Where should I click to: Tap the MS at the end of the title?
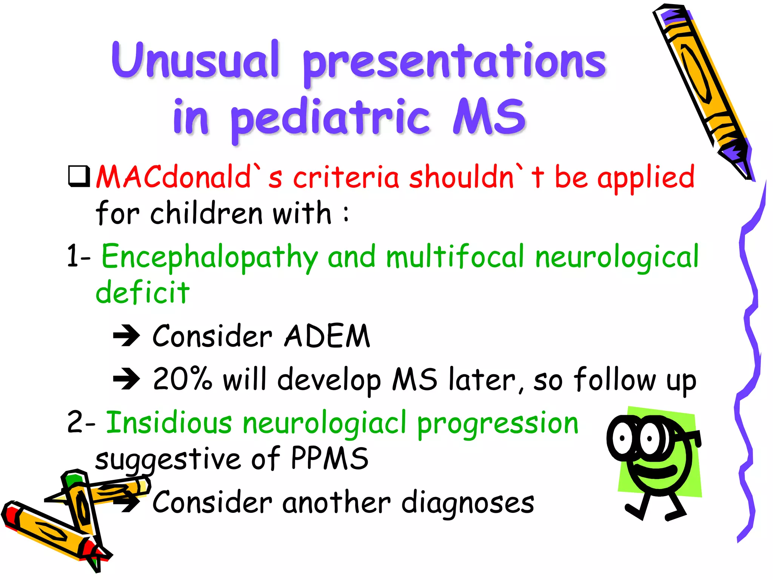489,116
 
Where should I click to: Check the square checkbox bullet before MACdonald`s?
79,176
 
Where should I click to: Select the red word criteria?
346,177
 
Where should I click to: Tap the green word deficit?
142,293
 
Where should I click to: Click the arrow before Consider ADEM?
127,335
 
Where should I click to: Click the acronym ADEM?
327,336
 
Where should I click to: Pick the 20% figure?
182,379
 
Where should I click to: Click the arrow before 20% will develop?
127,379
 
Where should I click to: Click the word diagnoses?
468,503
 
